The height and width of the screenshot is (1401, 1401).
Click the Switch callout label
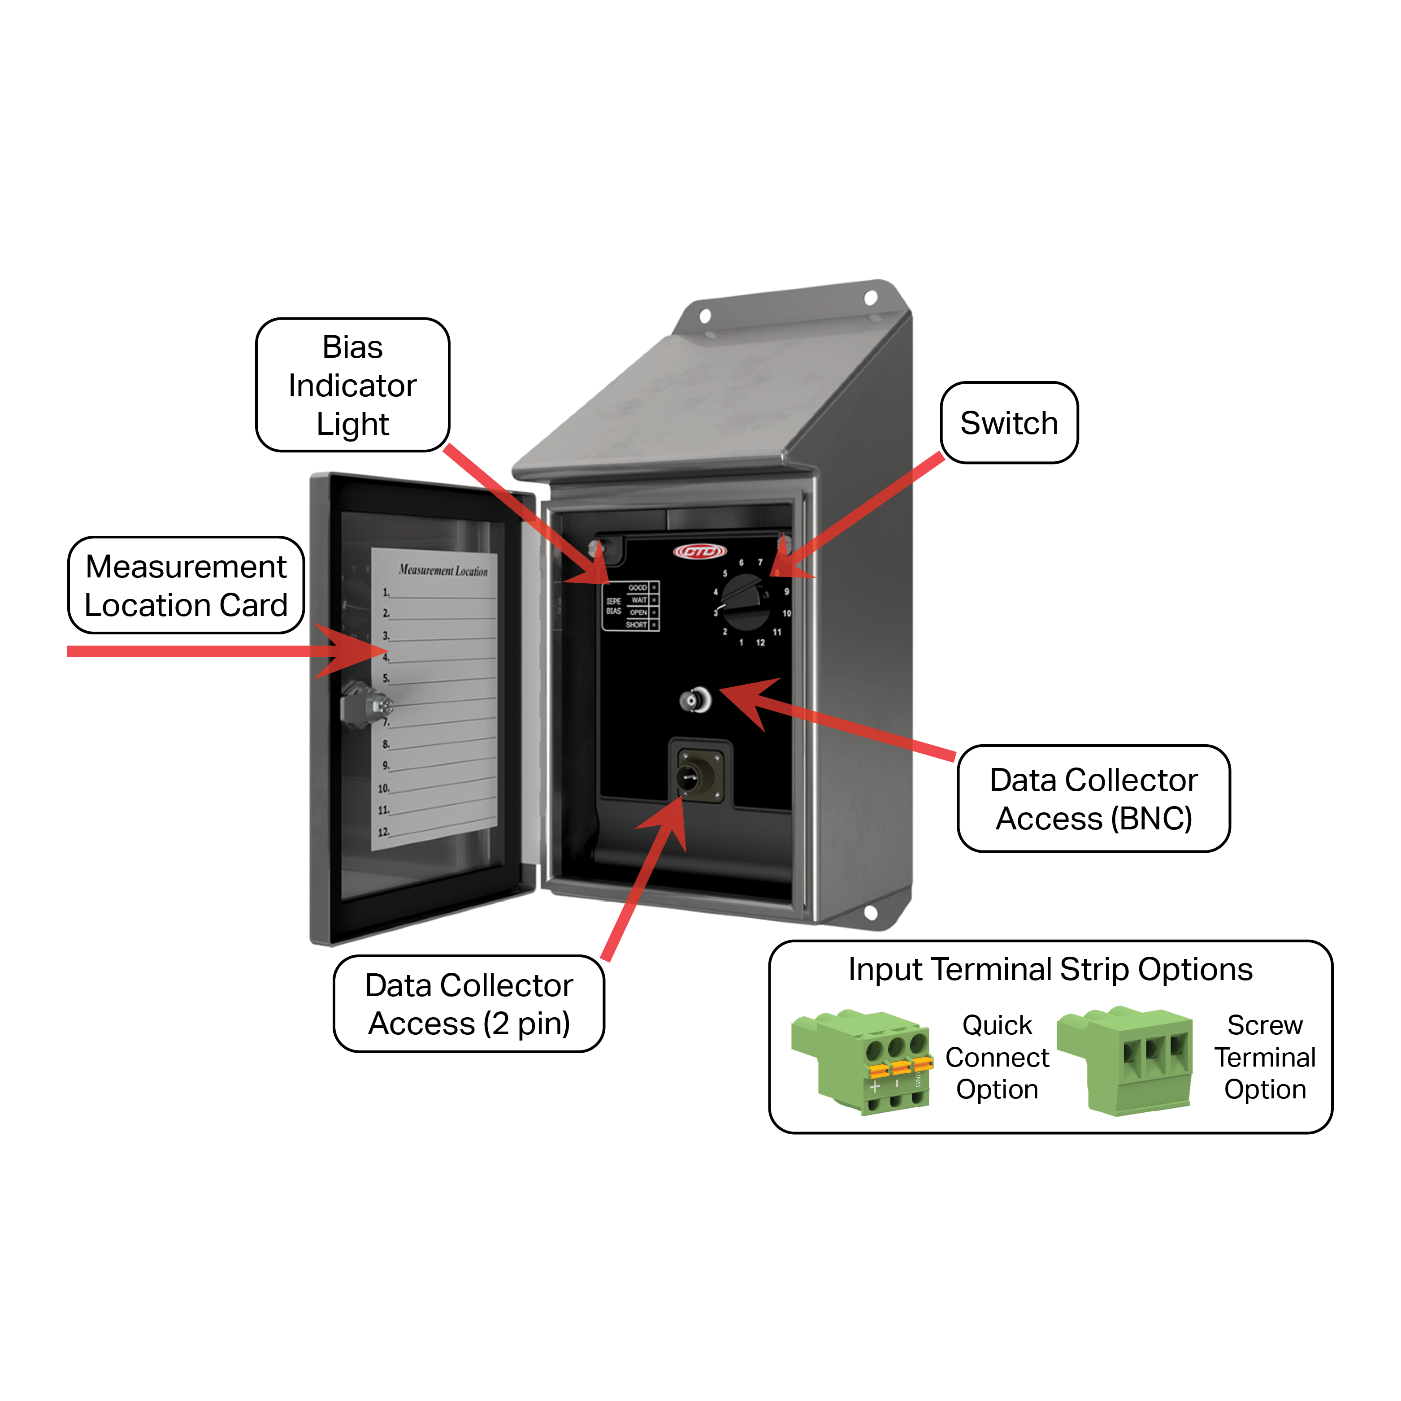[1009, 423]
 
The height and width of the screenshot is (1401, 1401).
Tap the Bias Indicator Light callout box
[352, 385]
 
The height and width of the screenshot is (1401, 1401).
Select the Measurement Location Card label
[186, 585]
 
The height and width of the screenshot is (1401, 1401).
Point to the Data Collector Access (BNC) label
[1093, 798]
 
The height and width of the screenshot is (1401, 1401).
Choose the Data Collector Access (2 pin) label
[468, 1004]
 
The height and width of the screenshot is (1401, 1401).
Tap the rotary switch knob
[745, 602]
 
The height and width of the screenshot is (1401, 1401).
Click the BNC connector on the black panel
[695, 700]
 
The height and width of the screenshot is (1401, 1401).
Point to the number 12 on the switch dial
[760, 642]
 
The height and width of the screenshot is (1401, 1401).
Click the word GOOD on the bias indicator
[638, 587]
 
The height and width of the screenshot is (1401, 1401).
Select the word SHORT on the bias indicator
[636, 625]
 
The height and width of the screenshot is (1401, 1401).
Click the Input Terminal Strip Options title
[1050, 970]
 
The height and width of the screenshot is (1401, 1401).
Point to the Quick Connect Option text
[997, 1057]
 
